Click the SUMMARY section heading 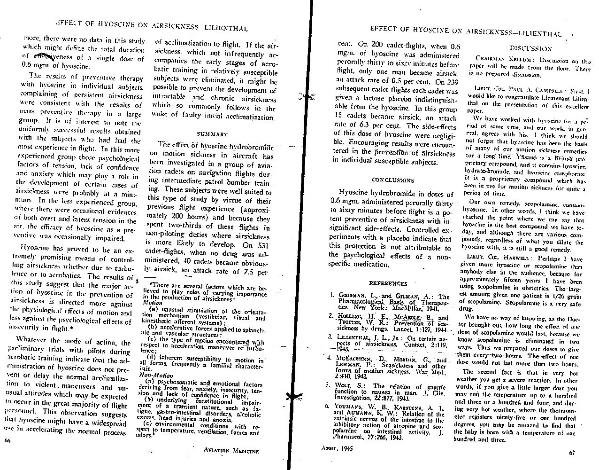click(212, 134)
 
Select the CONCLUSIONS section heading click(392, 180)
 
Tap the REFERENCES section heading click(388, 284)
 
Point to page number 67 click(571, 453)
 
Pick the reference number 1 click(332, 297)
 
